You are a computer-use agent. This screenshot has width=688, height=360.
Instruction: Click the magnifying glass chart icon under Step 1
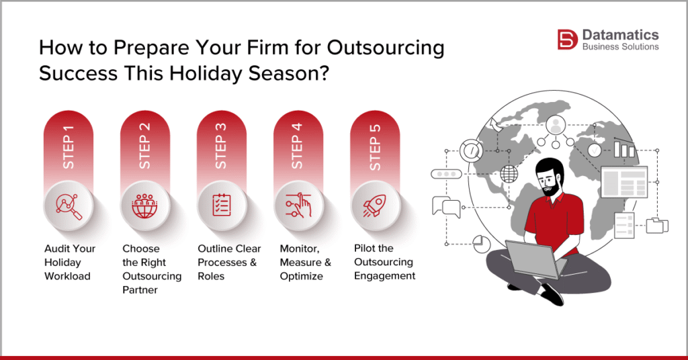[68, 205]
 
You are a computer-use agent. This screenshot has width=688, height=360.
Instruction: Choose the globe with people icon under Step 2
[145, 205]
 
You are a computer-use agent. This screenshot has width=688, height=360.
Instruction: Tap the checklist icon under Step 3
[222, 205]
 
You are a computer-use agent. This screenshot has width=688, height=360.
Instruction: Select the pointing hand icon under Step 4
[298, 205]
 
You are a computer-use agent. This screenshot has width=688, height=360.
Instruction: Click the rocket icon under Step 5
[375, 205]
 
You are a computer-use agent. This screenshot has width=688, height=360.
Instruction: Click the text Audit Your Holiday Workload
[70, 262]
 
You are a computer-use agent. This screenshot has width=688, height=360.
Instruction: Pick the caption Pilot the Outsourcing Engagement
[384, 262]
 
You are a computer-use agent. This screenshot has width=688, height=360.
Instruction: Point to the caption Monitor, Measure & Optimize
[305, 262]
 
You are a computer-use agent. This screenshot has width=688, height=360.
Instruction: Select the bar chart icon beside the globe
[626, 148]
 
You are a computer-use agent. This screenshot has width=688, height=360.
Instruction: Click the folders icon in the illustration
[654, 225]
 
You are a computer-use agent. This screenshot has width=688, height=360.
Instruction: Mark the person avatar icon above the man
[556, 125]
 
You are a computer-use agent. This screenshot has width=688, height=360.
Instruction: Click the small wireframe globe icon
[509, 173]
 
